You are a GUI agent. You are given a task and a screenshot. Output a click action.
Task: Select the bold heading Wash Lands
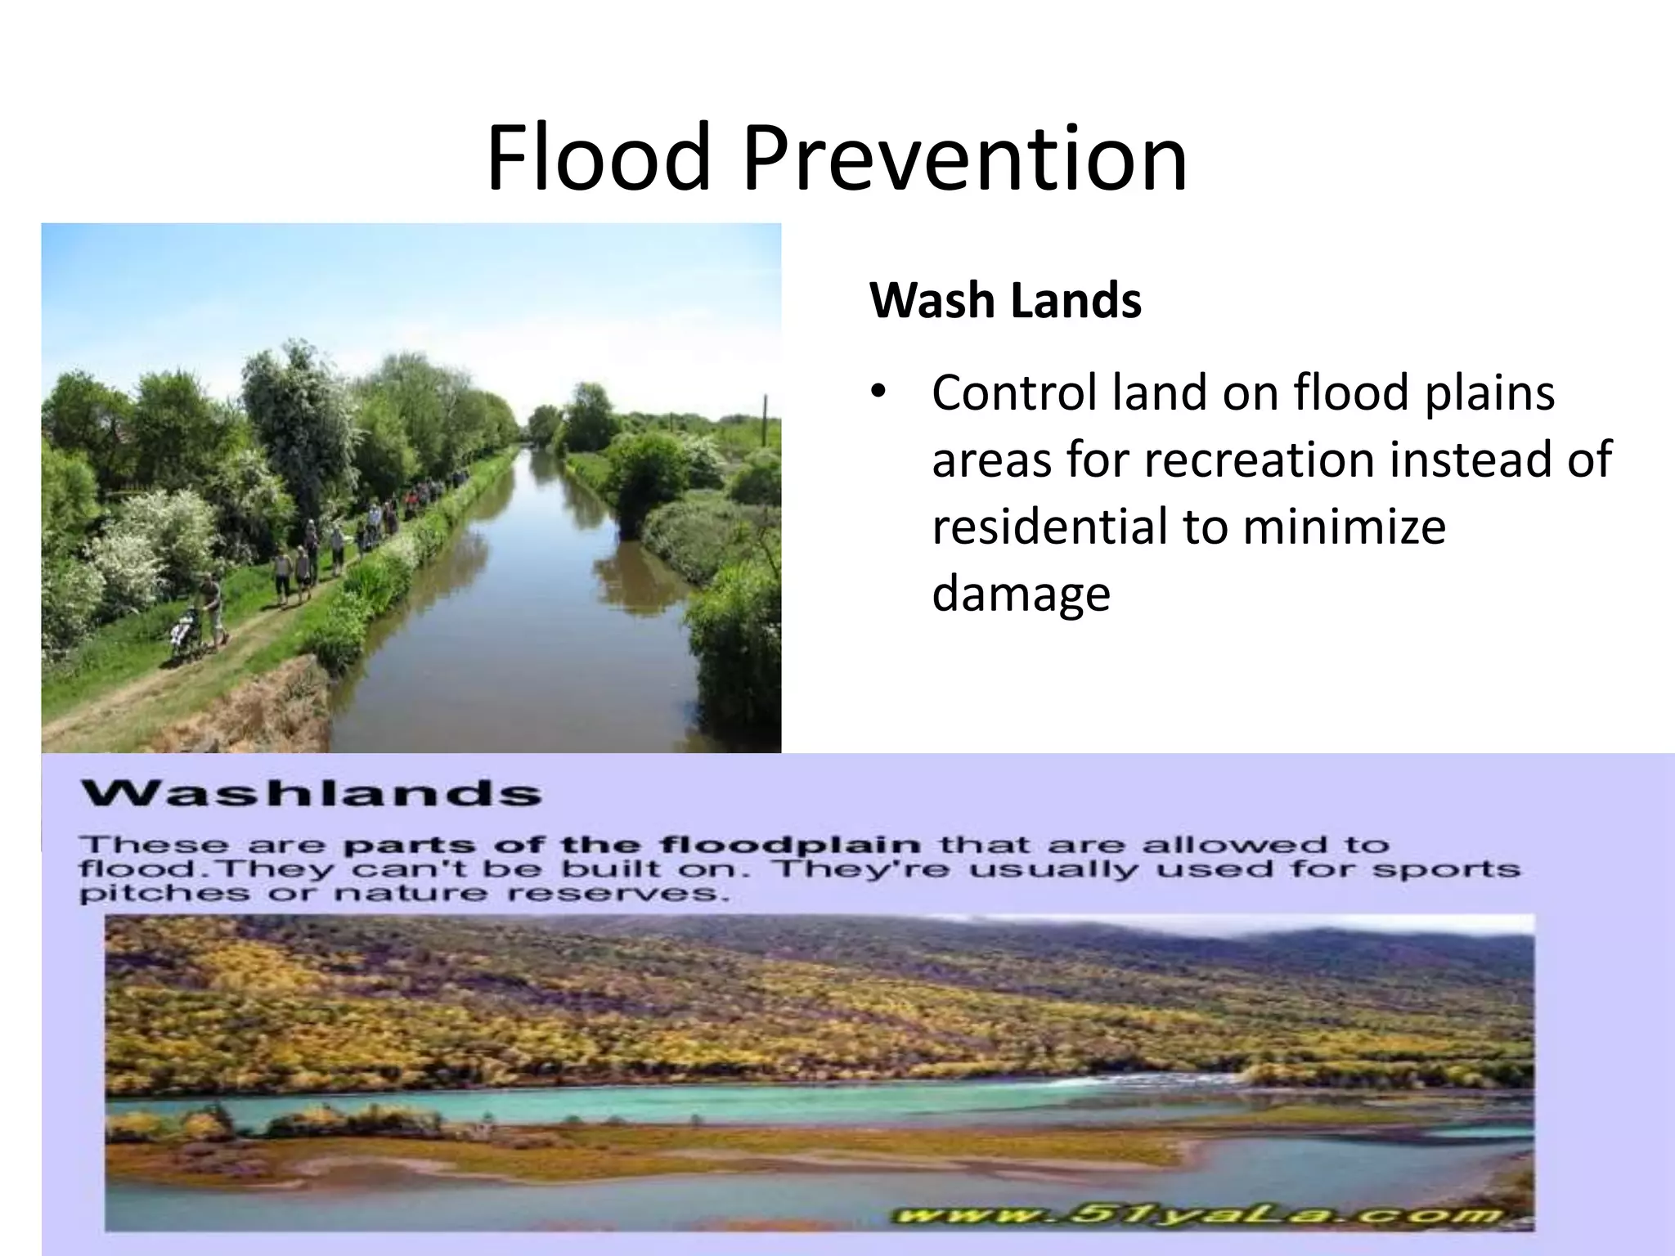coord(1005,300)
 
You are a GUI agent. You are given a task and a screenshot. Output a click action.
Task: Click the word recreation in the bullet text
coord(1261,460)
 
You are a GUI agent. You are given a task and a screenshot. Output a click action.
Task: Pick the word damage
coord(1021,593)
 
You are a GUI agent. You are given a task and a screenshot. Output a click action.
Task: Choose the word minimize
coord(1344,526)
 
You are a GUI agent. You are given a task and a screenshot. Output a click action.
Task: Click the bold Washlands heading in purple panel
coord(312,793)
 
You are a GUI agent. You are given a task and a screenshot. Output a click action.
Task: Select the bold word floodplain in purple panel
coord(790,844)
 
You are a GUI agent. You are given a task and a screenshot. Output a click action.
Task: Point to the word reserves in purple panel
coord(617,893)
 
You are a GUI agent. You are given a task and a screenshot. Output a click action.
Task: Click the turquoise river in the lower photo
coord(573,1109)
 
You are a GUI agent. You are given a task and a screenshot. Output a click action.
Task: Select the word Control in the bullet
coord(1015,392)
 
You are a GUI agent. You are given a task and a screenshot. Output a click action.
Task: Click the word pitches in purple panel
coord(164,893)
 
